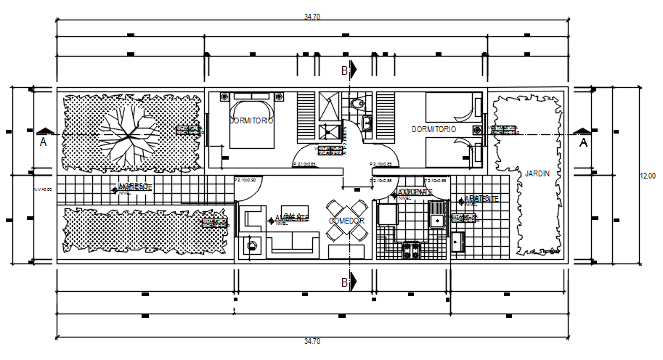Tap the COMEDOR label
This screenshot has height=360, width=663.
pos(346,221)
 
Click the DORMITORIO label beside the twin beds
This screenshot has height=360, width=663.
pos(434,129)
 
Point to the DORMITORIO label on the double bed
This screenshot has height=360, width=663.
pos(251,121)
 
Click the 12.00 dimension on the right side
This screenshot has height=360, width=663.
pos(647,176)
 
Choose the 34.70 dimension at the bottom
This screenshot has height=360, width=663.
pos(313,341)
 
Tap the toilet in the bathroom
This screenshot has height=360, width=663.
pos(356,105)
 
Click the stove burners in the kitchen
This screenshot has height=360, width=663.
pos(412,250)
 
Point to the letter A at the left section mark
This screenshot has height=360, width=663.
pos(43,143)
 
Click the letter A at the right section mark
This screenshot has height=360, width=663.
pos(582,143)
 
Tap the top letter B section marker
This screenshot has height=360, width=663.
pos(344,70)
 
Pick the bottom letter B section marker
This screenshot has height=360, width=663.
pos(344,282)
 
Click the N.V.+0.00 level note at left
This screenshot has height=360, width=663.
pos(44,189)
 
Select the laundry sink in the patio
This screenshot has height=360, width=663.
pos(458,242)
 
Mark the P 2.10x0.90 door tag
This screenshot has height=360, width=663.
pos(247,180)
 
